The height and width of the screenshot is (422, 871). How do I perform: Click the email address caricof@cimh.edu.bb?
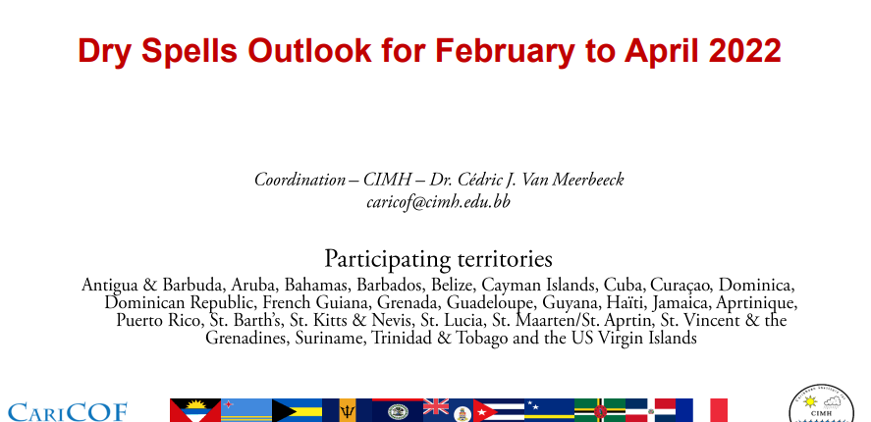click(438, 202)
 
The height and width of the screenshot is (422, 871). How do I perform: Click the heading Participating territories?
click(438, 259)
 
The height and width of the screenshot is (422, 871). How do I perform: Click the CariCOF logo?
click(67, 411)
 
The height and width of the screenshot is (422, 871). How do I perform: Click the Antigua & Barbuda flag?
click(195, 410)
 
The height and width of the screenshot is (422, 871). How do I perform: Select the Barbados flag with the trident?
click(348, 410)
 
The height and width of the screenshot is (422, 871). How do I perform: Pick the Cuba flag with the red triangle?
click(499, 410)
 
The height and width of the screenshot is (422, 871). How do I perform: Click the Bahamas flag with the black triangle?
click(297, 410)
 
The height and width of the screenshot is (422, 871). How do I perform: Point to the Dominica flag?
click(600, 410)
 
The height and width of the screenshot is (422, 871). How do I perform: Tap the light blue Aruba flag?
click(246, 410)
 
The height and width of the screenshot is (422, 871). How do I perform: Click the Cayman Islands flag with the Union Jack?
click(449, 410)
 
